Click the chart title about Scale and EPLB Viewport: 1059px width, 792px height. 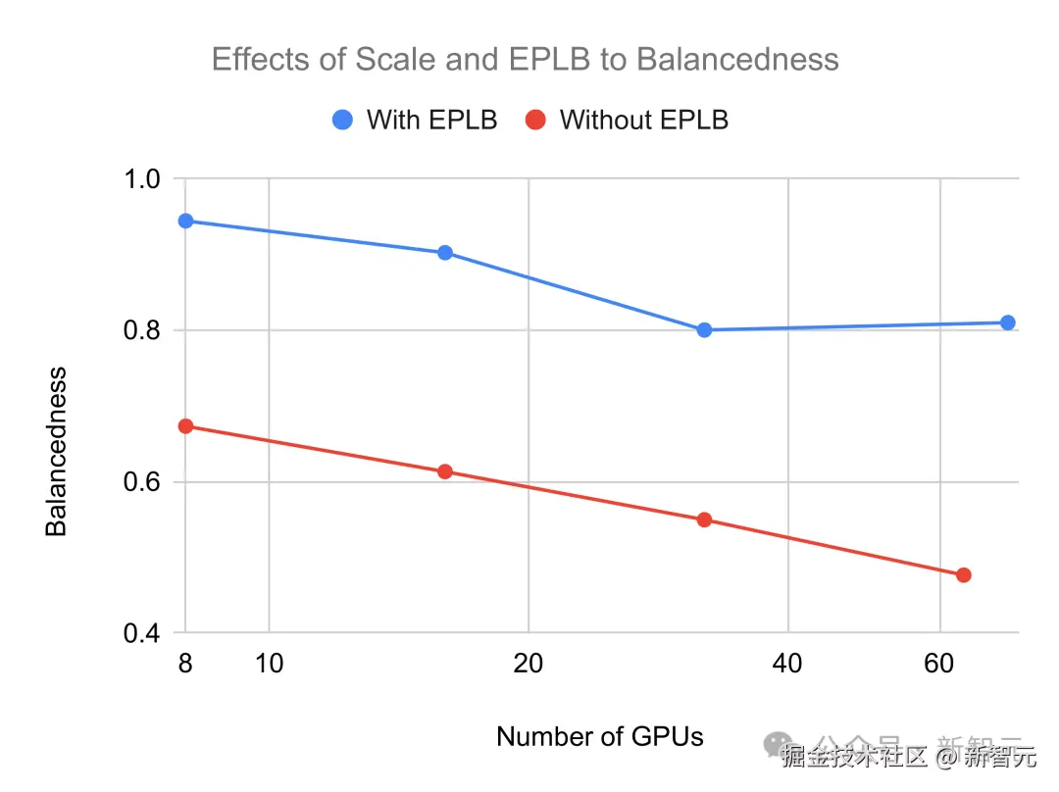tap(525, 60)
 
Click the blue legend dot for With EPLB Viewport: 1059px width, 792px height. tap(343, 120)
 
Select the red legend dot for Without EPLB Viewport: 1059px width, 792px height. tap(536, 120)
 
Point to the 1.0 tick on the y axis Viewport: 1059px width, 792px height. tap(143, 179)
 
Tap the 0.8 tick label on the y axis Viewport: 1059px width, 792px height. tap(143, 330)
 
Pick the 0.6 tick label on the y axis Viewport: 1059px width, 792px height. tap(143, 482)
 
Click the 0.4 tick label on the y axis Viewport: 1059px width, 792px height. tap(143, 634)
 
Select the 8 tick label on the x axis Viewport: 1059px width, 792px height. tap(185, 665)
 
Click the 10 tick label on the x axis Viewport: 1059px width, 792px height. tap(269, 665)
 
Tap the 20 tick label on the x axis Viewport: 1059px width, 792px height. tap(529, 665)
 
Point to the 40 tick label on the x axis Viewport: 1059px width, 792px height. tap(787, 665)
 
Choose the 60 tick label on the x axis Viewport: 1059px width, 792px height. tap(939, 665)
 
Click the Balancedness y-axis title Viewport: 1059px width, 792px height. tap(57, 452)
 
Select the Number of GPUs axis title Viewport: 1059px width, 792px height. tap(600, 737)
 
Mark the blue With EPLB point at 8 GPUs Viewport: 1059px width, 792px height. tap(185, 221)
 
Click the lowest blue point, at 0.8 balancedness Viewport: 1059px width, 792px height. tap(704, 329)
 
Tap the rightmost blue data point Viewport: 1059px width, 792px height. tap(1007, 322)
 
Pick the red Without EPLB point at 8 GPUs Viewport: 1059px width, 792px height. tap(185, 426)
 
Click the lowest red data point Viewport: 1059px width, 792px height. tap(963, 574)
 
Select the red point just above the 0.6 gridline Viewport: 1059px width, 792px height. tap(445, 471)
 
